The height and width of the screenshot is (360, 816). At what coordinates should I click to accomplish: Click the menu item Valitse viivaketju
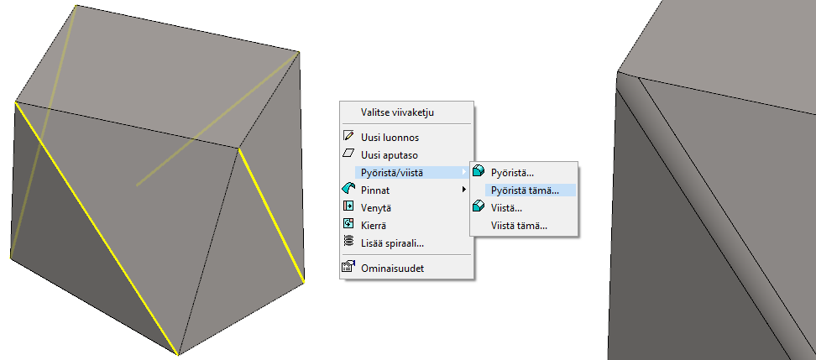(x=398, y=112)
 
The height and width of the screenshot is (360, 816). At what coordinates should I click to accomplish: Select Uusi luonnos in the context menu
(x=390, y=137)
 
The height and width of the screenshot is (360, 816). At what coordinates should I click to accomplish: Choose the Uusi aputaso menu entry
(x=390, y=154)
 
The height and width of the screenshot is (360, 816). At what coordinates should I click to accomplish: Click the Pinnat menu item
(x=376, y=190)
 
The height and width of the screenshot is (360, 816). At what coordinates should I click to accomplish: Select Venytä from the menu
(x=377, y=207)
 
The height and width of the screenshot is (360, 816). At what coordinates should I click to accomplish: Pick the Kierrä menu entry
(x=374, y=225)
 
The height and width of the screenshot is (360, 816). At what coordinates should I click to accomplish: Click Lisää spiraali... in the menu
(x=392, y=243)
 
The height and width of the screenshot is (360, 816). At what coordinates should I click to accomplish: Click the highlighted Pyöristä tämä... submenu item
(x=525, y=190)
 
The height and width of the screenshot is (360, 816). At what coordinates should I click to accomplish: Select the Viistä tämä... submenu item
(x=519, y=225)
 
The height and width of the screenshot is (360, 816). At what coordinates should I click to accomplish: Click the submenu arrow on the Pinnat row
(x=464, y=190)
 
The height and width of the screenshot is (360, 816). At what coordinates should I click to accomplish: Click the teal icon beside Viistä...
(x=479, y=206)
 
